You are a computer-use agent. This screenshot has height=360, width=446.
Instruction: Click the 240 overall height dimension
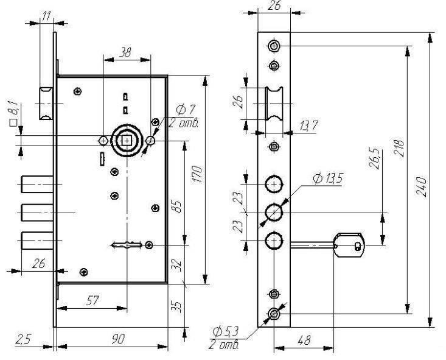[x=422, y=187]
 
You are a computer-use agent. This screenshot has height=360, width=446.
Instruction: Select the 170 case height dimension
[x=197, y=174]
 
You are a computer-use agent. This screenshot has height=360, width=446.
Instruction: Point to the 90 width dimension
[x=118, y=339]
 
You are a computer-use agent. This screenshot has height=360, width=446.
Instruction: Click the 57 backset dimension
[x=92, y=301]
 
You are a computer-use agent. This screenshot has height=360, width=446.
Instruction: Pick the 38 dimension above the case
[x=125, y=52]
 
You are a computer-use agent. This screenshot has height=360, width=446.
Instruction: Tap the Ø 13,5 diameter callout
[x=328, y=179]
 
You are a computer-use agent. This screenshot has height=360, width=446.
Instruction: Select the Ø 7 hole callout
[x=186, y=110]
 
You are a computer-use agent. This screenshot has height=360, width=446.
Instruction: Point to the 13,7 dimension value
[x=308, y=125]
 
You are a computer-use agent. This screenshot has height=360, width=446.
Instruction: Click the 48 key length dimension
[x=304, y=340]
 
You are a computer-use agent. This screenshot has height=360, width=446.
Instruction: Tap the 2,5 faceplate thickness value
[x=23, y=339]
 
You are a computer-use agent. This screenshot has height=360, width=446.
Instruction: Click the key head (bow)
[x=349, y=245]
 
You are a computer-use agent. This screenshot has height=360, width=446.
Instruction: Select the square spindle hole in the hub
[x=127, y=141]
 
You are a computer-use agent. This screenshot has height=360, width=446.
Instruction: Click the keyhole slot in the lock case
[x=127, y=245]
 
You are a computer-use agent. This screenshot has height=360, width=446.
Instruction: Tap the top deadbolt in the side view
[x=37, y=185]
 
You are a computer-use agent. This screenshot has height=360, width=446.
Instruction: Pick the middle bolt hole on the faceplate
[x=274, y=213]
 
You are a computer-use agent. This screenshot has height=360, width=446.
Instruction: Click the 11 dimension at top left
[x=47, y=16]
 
